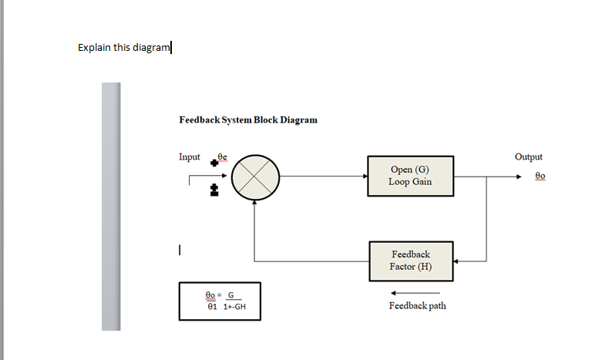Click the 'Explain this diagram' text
click(123, 48)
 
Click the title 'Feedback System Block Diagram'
click(247, 120)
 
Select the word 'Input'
click(190, 156)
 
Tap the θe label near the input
click(223, 156)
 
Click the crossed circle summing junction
click(255, 177)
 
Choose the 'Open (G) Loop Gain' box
click(411, 177)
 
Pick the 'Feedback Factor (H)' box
click(411, 261)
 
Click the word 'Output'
click(528, 156)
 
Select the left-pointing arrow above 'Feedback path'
click(415, 293)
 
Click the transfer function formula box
click(220, 301)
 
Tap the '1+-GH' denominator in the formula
click(234, 307)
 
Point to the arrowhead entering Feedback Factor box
click(456, 261)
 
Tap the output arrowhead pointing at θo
click(523, 177)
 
